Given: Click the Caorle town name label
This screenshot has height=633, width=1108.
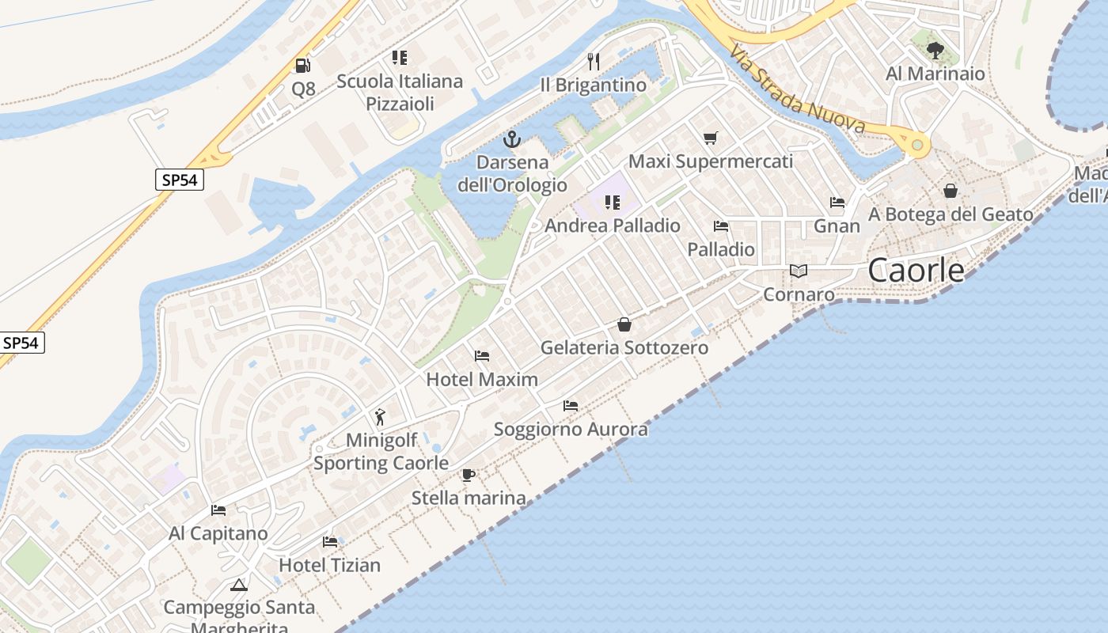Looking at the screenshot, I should (x=916, y=271).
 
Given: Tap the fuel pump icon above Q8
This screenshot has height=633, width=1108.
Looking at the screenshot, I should (x=302, y=65).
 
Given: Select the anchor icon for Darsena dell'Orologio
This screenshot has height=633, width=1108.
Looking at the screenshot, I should (x=513, y=140).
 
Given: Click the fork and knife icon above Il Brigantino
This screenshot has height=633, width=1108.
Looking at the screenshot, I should (x=594, y=61).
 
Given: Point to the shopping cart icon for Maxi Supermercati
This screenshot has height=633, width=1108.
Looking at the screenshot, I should (x=710, y=138).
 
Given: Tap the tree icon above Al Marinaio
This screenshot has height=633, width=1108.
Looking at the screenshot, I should (x=935, y=51).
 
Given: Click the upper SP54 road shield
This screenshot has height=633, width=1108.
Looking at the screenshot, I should (x=180, y=180).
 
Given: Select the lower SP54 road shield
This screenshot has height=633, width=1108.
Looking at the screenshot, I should (x=22, y=343).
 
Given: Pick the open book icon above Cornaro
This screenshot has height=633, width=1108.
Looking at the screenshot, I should (x=799, y=271).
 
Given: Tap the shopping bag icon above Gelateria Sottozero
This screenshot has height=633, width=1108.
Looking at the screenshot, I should (x=624, y=324).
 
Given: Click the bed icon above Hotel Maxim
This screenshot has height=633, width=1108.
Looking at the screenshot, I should (x=482, y=356).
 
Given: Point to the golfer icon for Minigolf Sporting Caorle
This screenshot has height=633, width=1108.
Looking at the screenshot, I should (x=381, y=416).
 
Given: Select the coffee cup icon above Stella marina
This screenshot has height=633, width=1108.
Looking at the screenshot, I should (x=469, y=475).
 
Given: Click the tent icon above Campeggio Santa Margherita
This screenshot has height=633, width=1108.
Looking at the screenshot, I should (x=239, y=586).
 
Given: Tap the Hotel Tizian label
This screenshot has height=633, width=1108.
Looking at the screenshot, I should (x=329, y=565).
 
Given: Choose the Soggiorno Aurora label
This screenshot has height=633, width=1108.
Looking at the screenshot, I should (x=571, y=429).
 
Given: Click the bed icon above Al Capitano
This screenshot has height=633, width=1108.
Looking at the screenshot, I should (x=218, y=510).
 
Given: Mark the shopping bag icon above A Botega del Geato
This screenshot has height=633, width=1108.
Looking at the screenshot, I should (x=951, y=191).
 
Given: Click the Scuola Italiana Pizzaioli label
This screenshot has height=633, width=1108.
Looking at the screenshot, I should (x=400, y=92).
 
